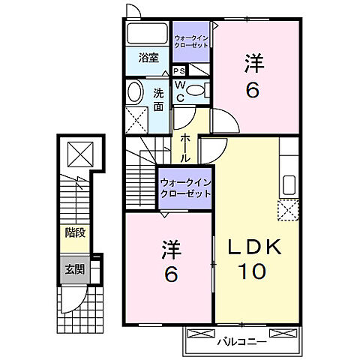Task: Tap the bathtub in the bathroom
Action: coord(147,34)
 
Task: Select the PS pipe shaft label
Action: coord(179,71)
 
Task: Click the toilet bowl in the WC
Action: coord(195,91)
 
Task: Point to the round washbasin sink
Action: coord(135,93)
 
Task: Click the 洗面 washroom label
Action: coord(159,100)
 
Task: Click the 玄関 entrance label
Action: coord(73,269)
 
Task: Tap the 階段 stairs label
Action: coord(73,232)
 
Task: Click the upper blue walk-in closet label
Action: coord(191,40)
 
